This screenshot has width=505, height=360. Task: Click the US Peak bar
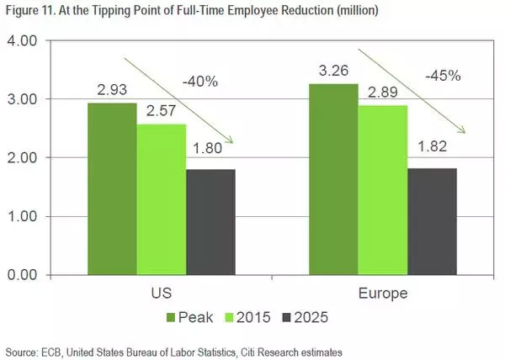pyautogui.click(x=112, y=188)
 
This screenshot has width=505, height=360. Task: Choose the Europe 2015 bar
pyautogui.click(x=384, y=189)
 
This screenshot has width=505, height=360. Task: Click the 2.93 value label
pyautogui.click(x=112, y=91)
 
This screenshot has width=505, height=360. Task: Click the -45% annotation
pyautogui.click(x=441, y=75)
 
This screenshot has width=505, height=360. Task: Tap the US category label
pyautogui.click(x=161, y=295)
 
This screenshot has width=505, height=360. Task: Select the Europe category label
pyautogui.click(x=384, y=295)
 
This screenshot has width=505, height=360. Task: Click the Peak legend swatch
pyautogui.click(x=173, y=319)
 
